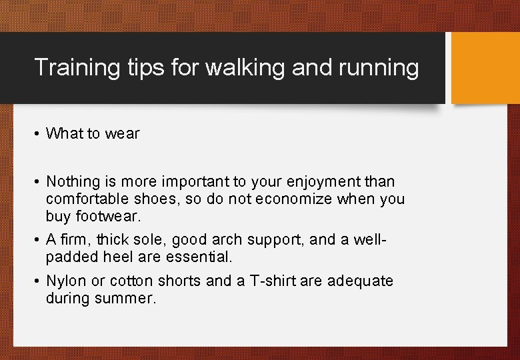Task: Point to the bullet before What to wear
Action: pyautogui.click(x=38, y=134)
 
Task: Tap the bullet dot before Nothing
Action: pyautogui.click(x=38, y=182)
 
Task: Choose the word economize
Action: pyautogui.click(x=271, y=199)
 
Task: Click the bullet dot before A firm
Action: pyautogui.click(x=38, y=240)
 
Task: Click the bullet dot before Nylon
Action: pyautogui.click(x=38, y=281)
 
